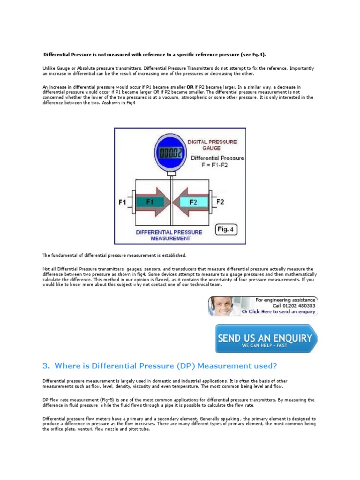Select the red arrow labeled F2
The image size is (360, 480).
pos(192,202)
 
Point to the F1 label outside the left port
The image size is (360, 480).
pos(122,202)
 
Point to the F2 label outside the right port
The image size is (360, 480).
pos(220,202)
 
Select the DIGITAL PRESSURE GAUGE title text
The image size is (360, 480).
pos(212,144)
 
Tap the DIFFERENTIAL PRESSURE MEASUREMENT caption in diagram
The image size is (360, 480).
pos(170,235)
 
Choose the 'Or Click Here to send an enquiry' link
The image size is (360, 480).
pos(278,312)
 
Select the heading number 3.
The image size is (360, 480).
pos(45,366)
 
